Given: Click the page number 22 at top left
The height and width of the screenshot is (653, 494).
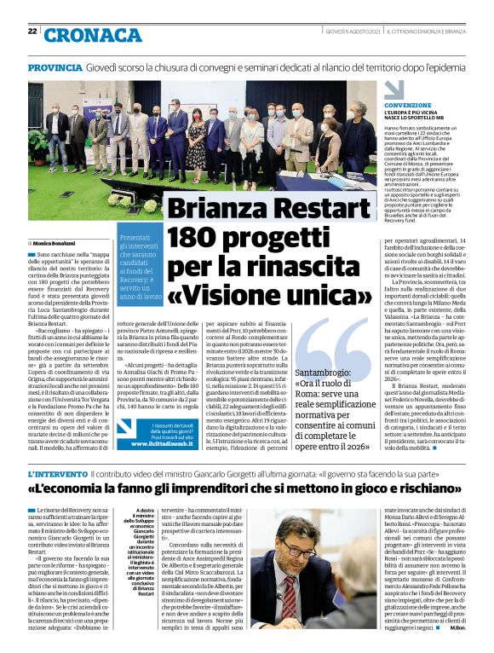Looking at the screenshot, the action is tap(32, 31).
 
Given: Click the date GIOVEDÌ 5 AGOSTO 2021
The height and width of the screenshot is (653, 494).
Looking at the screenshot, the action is tap(353, 32).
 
